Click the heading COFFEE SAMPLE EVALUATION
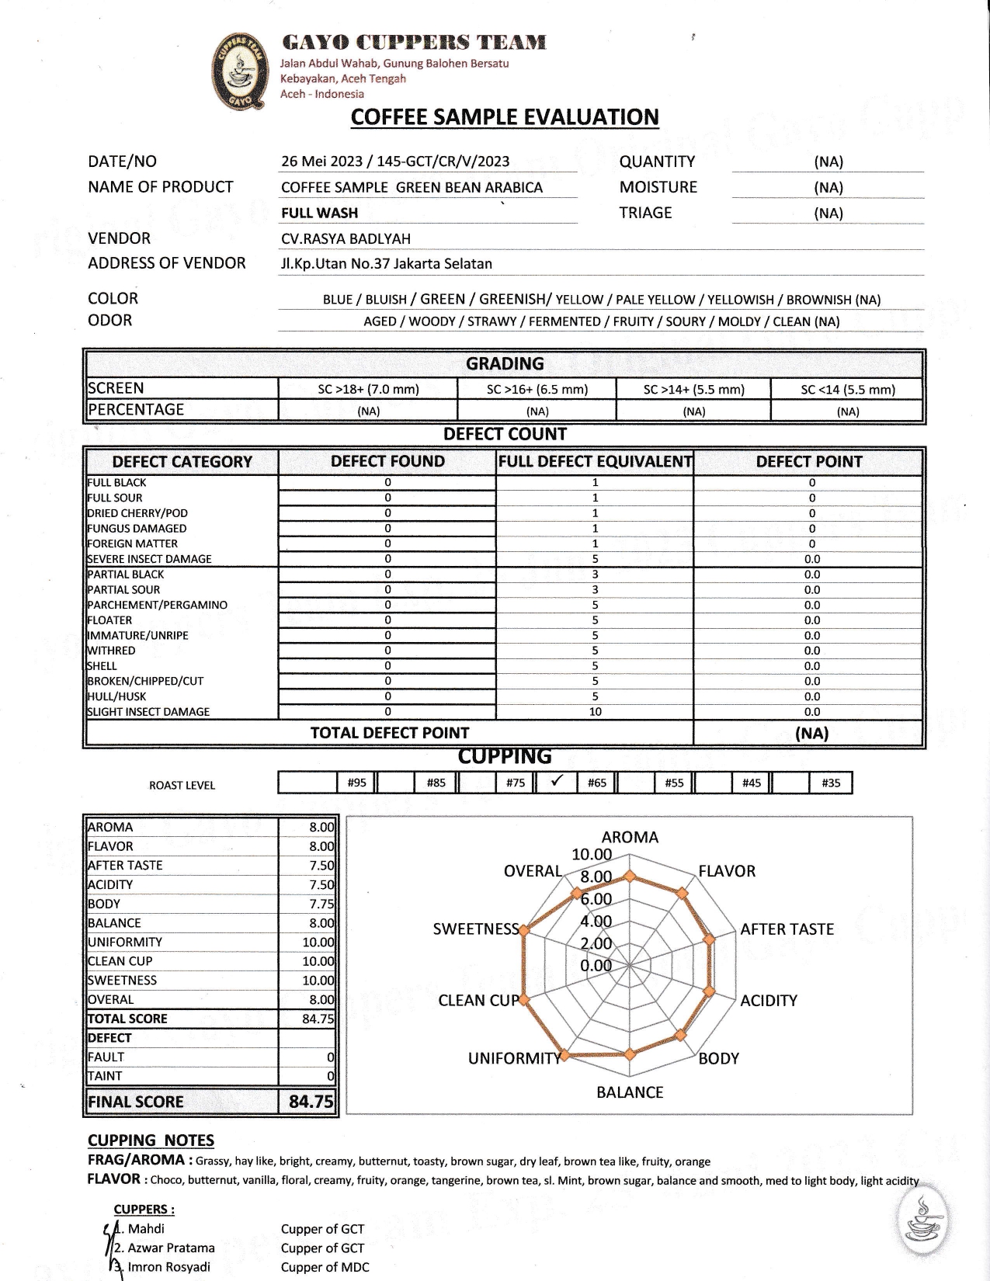tap(505, 117)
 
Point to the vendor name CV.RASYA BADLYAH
tap(346, 239)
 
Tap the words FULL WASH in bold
tap(319, 213)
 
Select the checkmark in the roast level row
tap(556, 782)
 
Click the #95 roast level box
tap(356, 783)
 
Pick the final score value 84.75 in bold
tap(311, 1102)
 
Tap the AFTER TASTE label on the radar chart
tap(787, 929)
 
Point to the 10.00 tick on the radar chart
tap(592, 855)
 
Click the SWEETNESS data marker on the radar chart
tap(525, 930)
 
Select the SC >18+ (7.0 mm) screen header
tap(368, 389)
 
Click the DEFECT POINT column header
tap(809, 462)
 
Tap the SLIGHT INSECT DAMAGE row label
tap(148, 712)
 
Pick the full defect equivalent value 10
tap(595, 712)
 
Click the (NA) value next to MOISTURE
tap(828, 188)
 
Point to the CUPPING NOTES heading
tap(151, 1140)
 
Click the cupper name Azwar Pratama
tap(171, 1248)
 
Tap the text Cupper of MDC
tap(325, 1267)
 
